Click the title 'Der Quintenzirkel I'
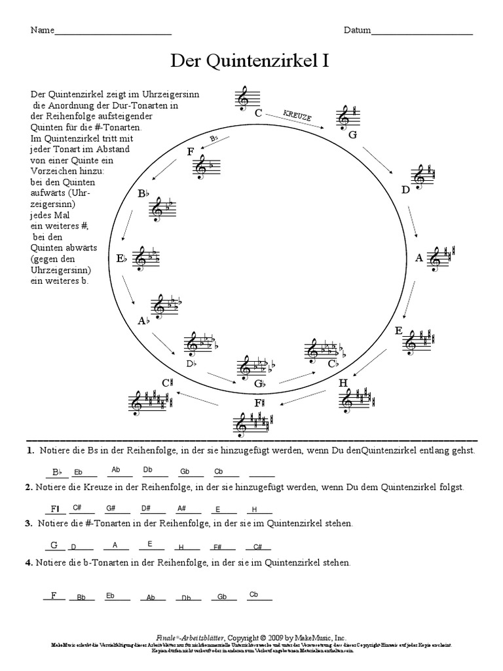(250, 61)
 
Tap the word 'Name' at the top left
(41, 31)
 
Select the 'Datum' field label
(356, 31)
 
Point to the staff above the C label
(244, 97)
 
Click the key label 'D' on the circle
(405, 190)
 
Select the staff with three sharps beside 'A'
(442, 258)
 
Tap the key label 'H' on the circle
(343, 383)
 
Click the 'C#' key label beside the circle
(167, 383)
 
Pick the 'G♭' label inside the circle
(259, 383)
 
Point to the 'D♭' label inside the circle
(191, 364)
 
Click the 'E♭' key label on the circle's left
(121, 259)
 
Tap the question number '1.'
(30, 451)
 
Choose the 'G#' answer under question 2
(110, 508)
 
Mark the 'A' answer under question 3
(115, 545)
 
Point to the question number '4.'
(29, 562)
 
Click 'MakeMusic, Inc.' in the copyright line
(320, 637)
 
